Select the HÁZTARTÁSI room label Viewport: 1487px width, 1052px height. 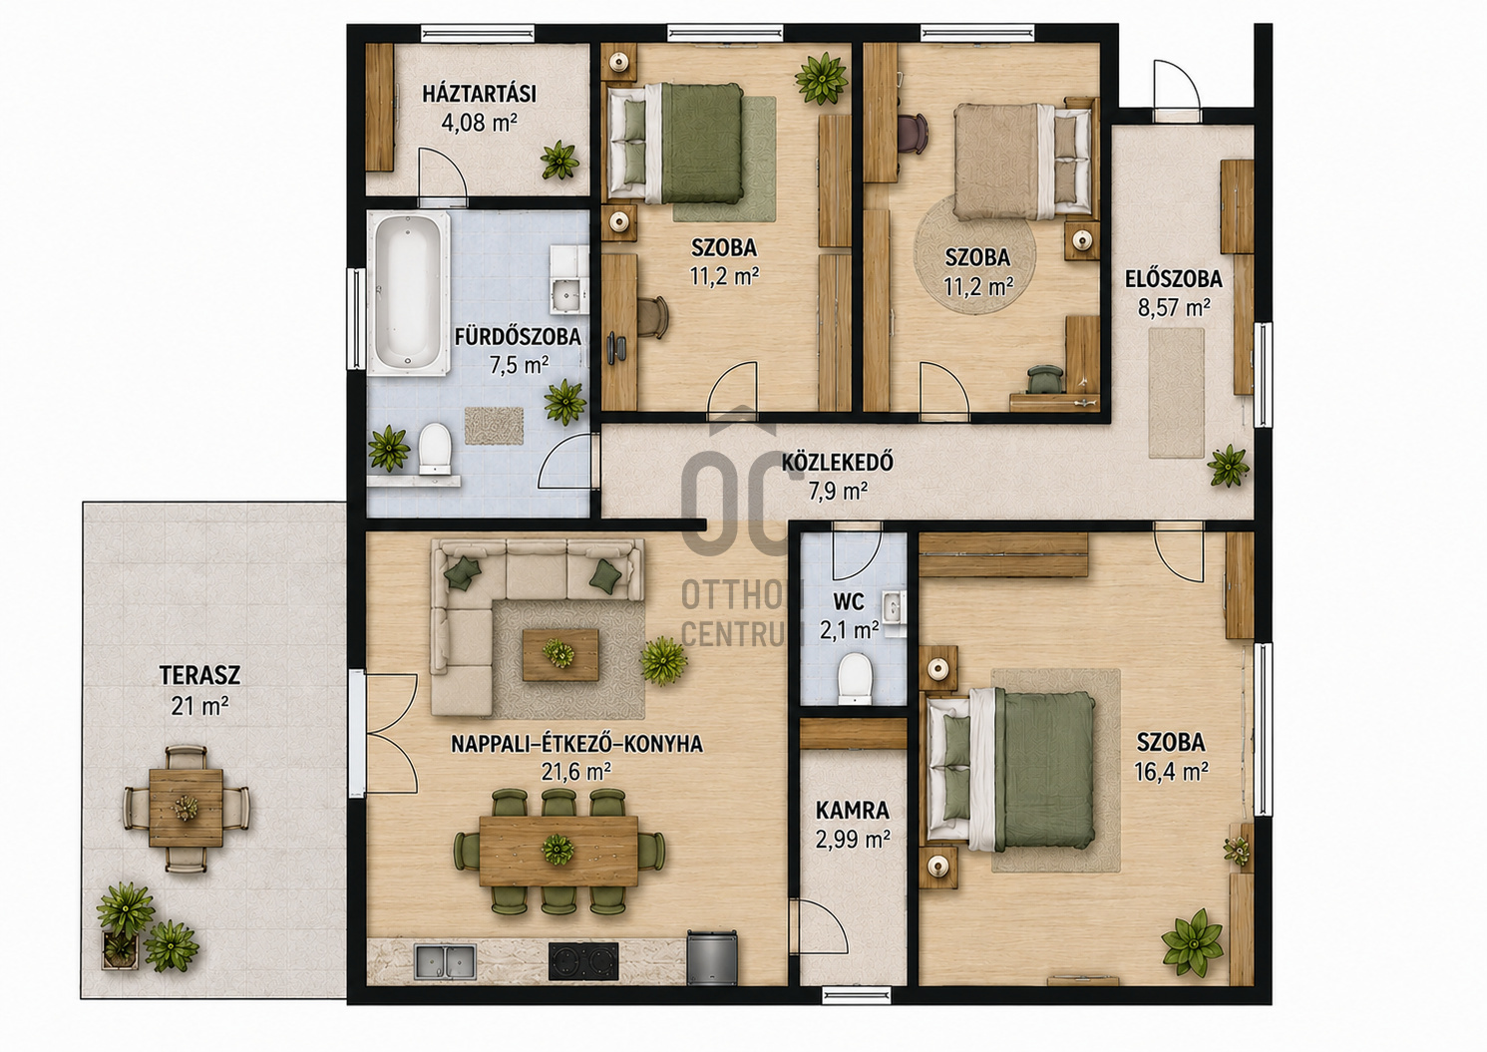[x=480, y=95]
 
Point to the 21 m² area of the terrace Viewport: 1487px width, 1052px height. [x=199, y=706]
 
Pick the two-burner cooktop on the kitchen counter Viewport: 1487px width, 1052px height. [x=583, y=962]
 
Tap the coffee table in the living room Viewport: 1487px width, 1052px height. [x=560, y=655]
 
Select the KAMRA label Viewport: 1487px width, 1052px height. [x=853, y=811]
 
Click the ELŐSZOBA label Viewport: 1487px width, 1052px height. [x=1174, y=279]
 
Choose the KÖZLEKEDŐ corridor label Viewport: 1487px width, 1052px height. [x=837, y=462]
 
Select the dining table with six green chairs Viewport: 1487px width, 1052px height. [x=558, y=852]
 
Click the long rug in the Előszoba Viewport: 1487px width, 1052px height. [x=1176, y=392]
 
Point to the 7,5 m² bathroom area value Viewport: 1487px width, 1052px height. [x=520, y=365]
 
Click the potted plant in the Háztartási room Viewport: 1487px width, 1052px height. [x=559, y=160]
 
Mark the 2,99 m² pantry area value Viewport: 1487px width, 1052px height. [x=853, y=840]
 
